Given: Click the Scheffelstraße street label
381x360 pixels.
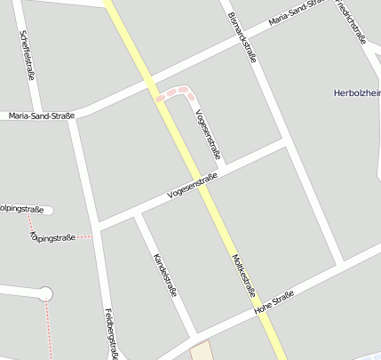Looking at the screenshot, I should pos(27,56).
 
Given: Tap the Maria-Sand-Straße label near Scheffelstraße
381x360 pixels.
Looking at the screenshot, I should pos(40,116).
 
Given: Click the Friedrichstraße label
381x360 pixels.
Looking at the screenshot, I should pos(352,22).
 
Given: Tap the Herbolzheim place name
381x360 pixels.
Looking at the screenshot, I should pos(355,92).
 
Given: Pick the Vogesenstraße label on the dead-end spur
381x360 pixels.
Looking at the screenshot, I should pos(207,134).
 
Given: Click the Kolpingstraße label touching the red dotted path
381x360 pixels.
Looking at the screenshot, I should pos(52,237).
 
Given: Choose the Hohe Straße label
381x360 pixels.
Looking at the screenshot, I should pos(274,302).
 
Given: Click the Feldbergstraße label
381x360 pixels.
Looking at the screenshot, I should pos(112,333).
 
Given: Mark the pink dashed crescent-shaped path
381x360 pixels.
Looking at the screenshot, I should pos(176,92).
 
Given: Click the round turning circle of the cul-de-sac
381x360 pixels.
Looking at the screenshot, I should pos(45,293).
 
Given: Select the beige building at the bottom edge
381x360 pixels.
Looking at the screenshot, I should pos(202,350).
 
